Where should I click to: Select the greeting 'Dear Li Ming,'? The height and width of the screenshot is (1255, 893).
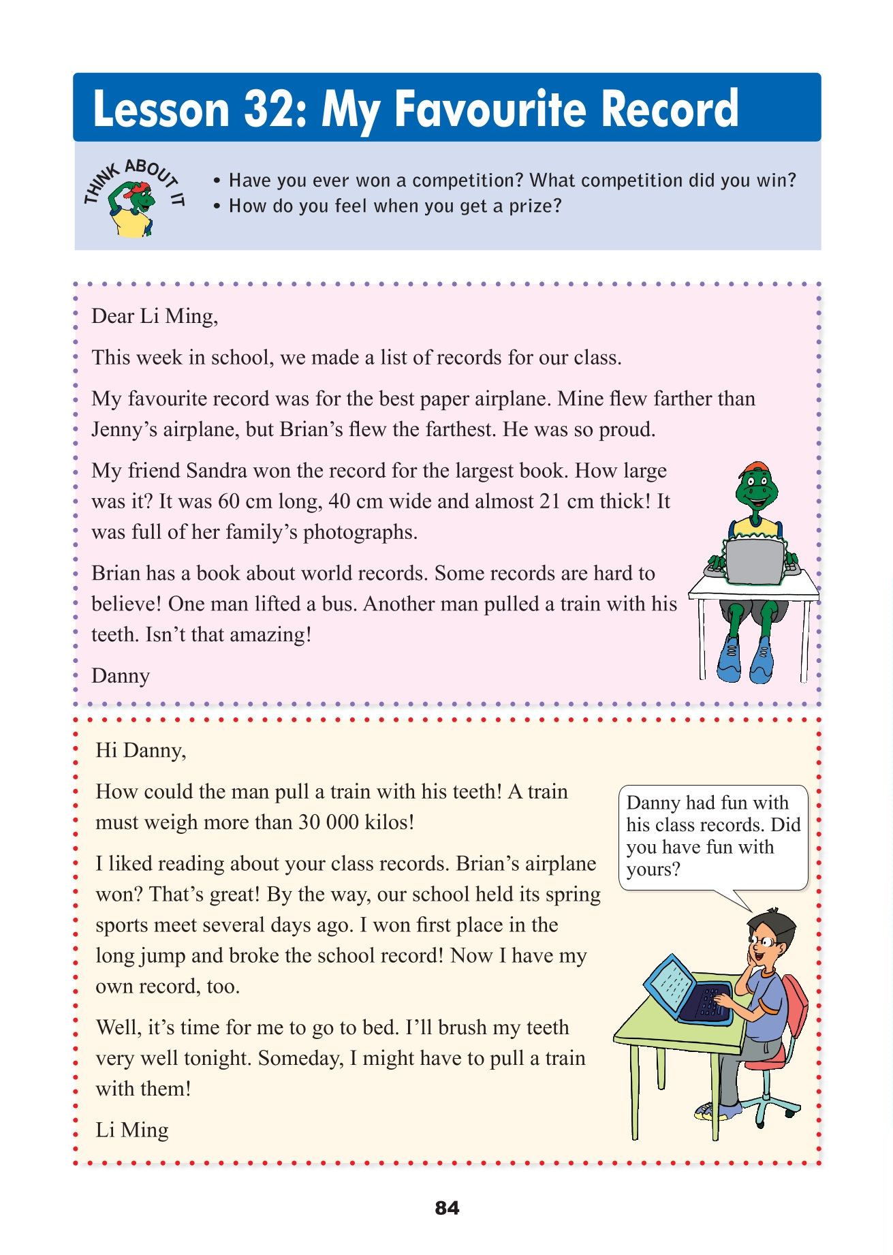pyautogui.click(x=155, y=316)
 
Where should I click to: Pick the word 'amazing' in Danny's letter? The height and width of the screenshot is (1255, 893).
pyautogui.click(x=266, y=634)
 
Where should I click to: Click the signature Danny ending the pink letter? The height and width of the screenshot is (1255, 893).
pyautogui.click(x=121, y=676)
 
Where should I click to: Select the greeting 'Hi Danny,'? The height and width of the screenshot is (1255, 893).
pyautogui.click(x=140, y=750)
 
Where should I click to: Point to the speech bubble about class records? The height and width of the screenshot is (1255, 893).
pyautogui.click(x=712, y=836)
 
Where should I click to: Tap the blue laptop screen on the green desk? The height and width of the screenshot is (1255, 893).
pyautogui.click(x=670, y=985)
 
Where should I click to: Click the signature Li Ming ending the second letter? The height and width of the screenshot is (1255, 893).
pyautogui.click(x=131, y=1130)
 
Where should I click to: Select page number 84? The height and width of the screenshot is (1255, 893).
pyautogui.click(x=447, y=1208)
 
